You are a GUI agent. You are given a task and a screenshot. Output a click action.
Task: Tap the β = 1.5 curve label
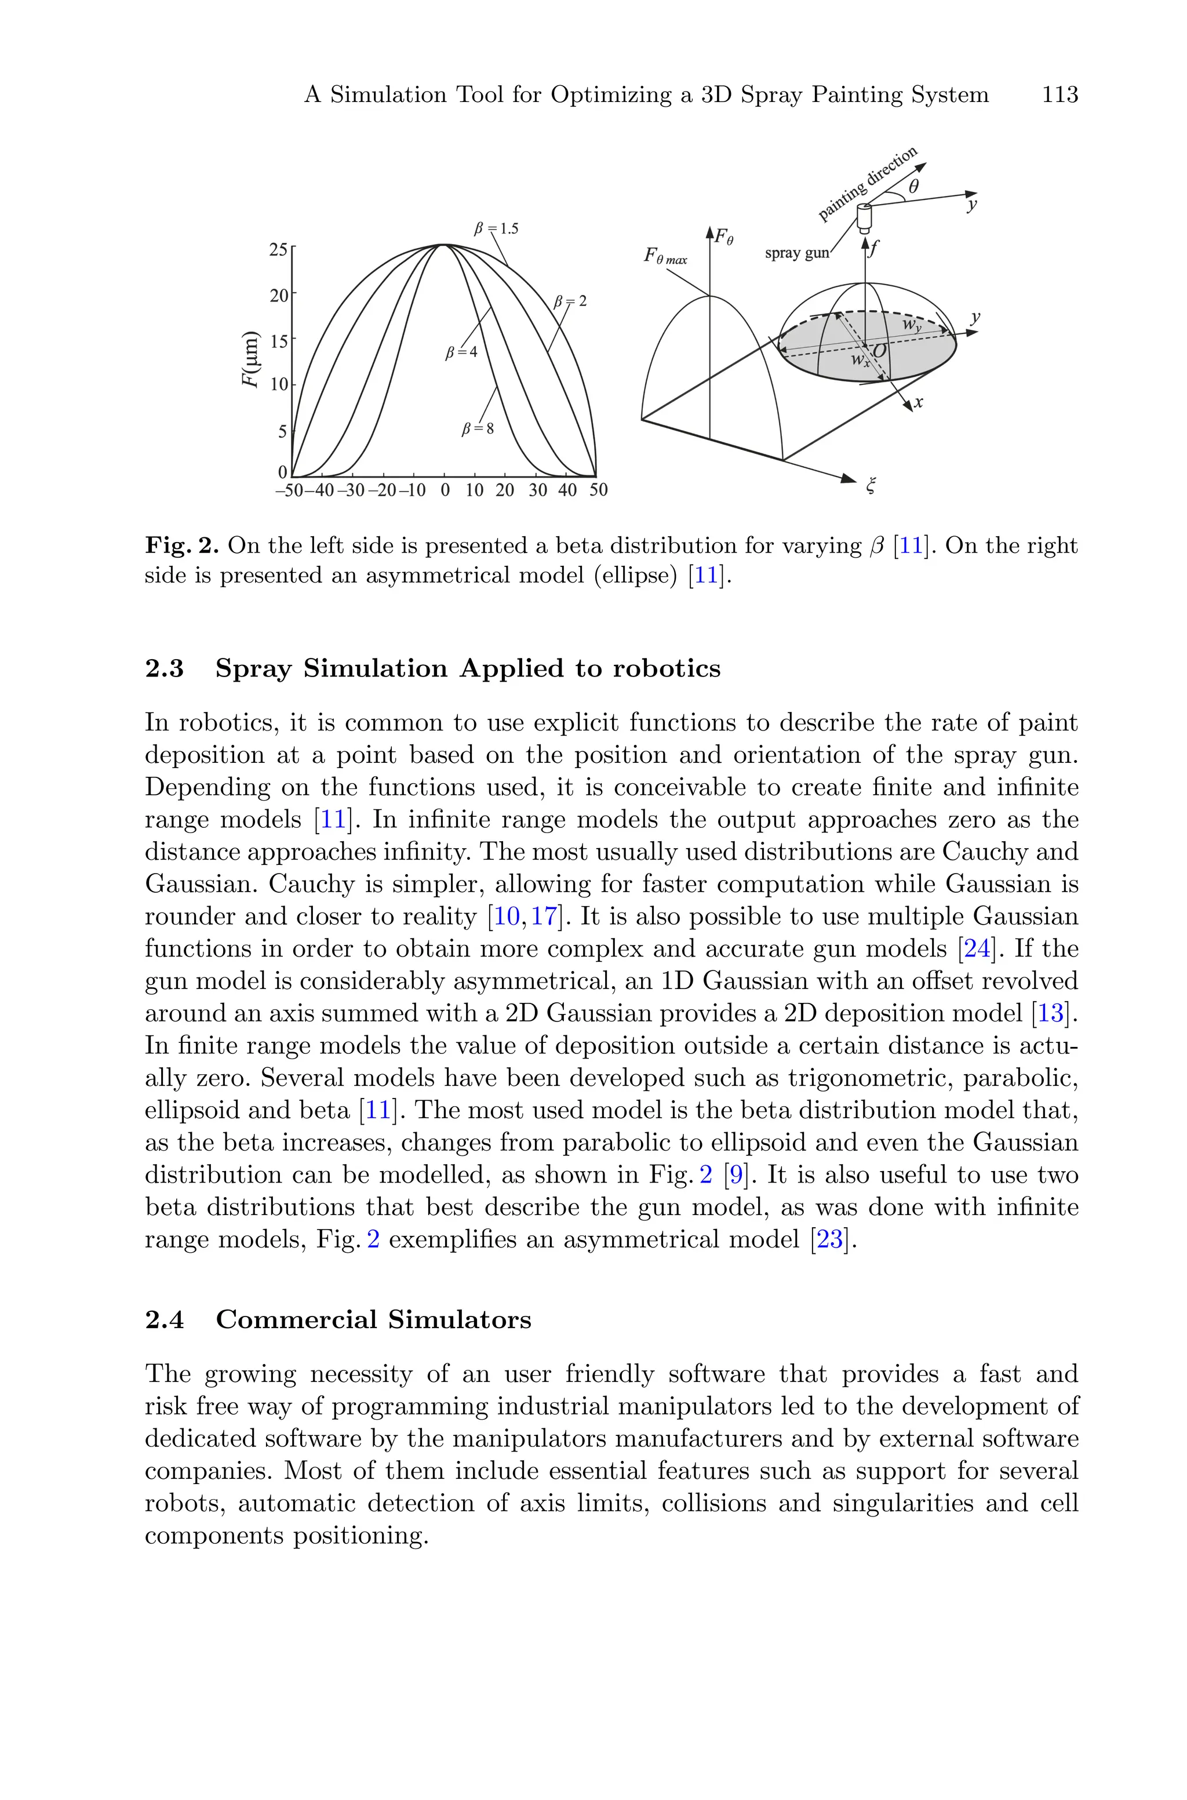click(496, 228)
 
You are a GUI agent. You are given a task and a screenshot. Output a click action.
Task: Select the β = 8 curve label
click(478, 428)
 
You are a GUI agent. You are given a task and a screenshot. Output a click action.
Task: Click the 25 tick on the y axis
click(278, 250)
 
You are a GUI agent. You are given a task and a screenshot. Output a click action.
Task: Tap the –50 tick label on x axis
click(289, 490)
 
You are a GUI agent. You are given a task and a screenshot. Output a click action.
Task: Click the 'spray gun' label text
click(796, 253)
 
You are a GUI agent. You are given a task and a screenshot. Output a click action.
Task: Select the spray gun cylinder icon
click(864, 217)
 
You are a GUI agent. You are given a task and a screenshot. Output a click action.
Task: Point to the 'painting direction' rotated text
click(868, 184)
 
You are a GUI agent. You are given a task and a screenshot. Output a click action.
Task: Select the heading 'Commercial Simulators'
click(373, 1319)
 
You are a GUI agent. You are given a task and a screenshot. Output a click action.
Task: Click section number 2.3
click(164, 668)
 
